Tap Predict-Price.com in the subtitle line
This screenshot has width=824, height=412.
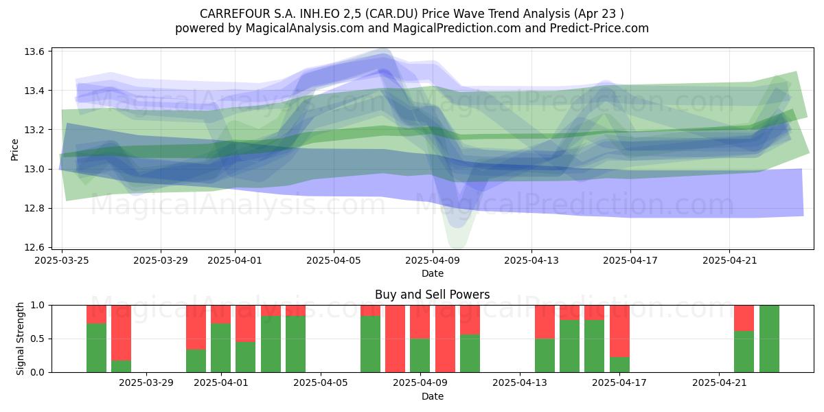(599, 28)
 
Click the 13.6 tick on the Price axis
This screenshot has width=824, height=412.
(34, 51)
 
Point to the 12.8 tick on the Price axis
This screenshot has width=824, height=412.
(34, 209)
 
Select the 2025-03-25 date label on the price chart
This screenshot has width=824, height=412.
(62, 260)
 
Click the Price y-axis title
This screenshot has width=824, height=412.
(14, 150)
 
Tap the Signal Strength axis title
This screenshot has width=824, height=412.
(20, 339)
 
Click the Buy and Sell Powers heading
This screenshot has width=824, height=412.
(432, 295)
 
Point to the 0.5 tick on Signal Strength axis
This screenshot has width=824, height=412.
(37, 339)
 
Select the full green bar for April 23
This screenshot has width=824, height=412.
(769, 339)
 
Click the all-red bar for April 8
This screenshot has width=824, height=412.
(395, 339)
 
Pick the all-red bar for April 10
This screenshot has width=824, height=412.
(445, 339)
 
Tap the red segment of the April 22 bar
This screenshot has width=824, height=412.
(744, 318)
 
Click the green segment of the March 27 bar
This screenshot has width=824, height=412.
(121, 367)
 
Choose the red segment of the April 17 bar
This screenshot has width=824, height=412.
(619, 331)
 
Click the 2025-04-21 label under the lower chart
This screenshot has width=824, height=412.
(719, 383)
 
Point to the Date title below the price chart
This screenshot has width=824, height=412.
(432, 274)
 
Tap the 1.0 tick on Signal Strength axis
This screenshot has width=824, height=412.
(37, 306)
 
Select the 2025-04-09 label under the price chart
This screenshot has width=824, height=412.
(433, 260)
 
